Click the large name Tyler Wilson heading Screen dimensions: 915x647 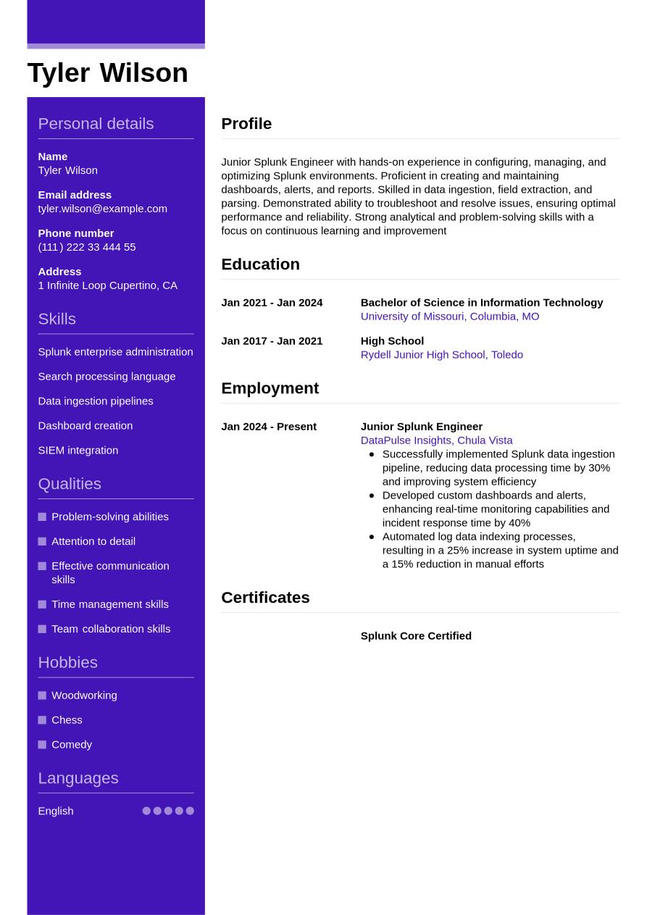107,72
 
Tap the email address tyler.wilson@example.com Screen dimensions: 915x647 102,209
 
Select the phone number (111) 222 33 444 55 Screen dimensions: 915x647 86,247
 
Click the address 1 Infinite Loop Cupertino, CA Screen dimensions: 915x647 107,285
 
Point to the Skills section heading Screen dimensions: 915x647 57,319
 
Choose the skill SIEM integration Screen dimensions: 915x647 78,450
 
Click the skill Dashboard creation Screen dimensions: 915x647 85,425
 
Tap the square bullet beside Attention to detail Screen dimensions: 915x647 42,541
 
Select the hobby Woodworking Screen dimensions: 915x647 84,695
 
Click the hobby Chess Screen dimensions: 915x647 67,720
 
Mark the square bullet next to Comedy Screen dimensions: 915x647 42,745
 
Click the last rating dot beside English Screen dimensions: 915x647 190,811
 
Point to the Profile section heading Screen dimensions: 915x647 246,123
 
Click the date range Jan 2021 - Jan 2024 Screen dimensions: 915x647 272,303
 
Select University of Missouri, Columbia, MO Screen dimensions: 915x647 449,317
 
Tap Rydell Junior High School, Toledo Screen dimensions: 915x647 441,355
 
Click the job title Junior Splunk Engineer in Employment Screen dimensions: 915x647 421,427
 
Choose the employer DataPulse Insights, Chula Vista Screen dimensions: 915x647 436,440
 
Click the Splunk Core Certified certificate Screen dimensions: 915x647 416,636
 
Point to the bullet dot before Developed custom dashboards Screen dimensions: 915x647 372,496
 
